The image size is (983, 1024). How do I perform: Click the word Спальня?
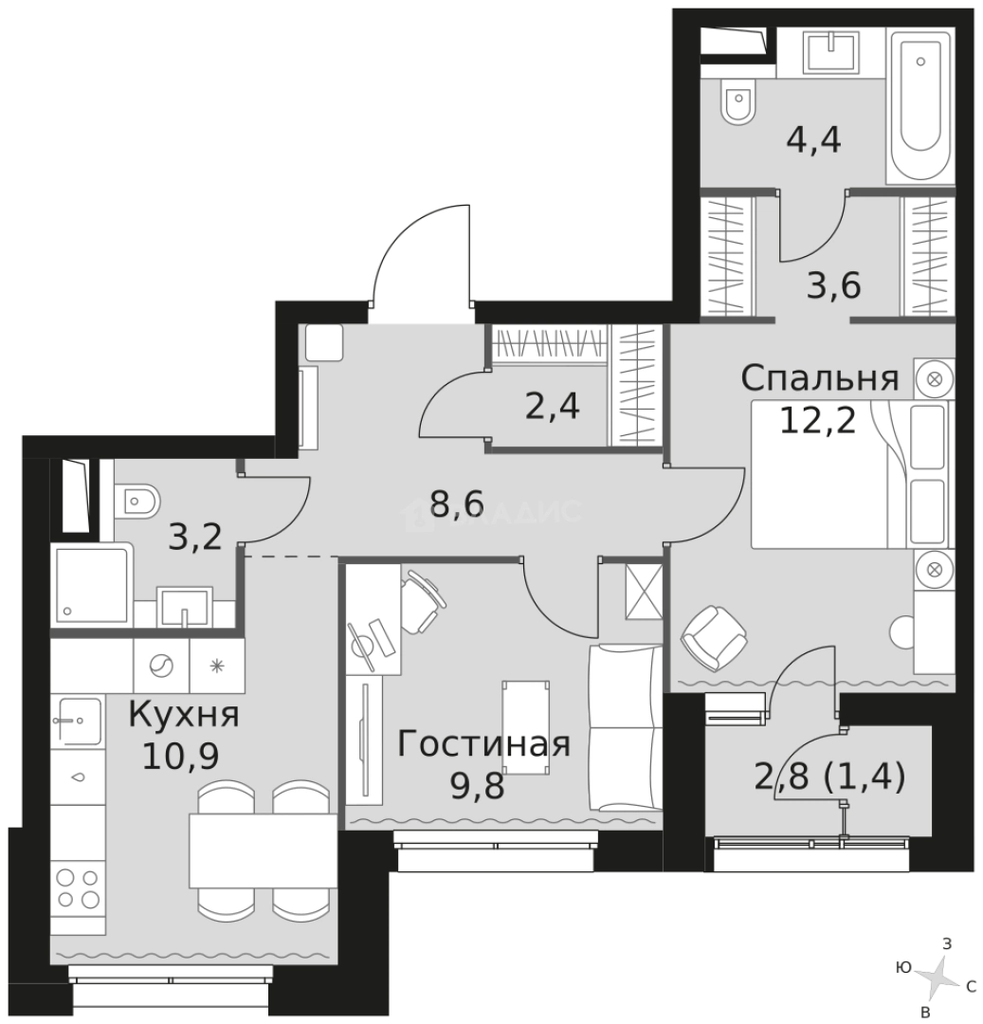819,379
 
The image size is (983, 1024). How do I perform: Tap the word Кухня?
184,714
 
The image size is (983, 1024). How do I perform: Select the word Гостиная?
483,744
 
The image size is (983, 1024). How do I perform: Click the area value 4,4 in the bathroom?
814,143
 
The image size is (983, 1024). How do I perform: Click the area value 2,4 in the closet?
553,408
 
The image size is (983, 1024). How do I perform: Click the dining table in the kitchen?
264,849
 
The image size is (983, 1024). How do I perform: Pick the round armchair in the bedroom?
714,635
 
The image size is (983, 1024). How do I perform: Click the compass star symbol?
939,976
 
